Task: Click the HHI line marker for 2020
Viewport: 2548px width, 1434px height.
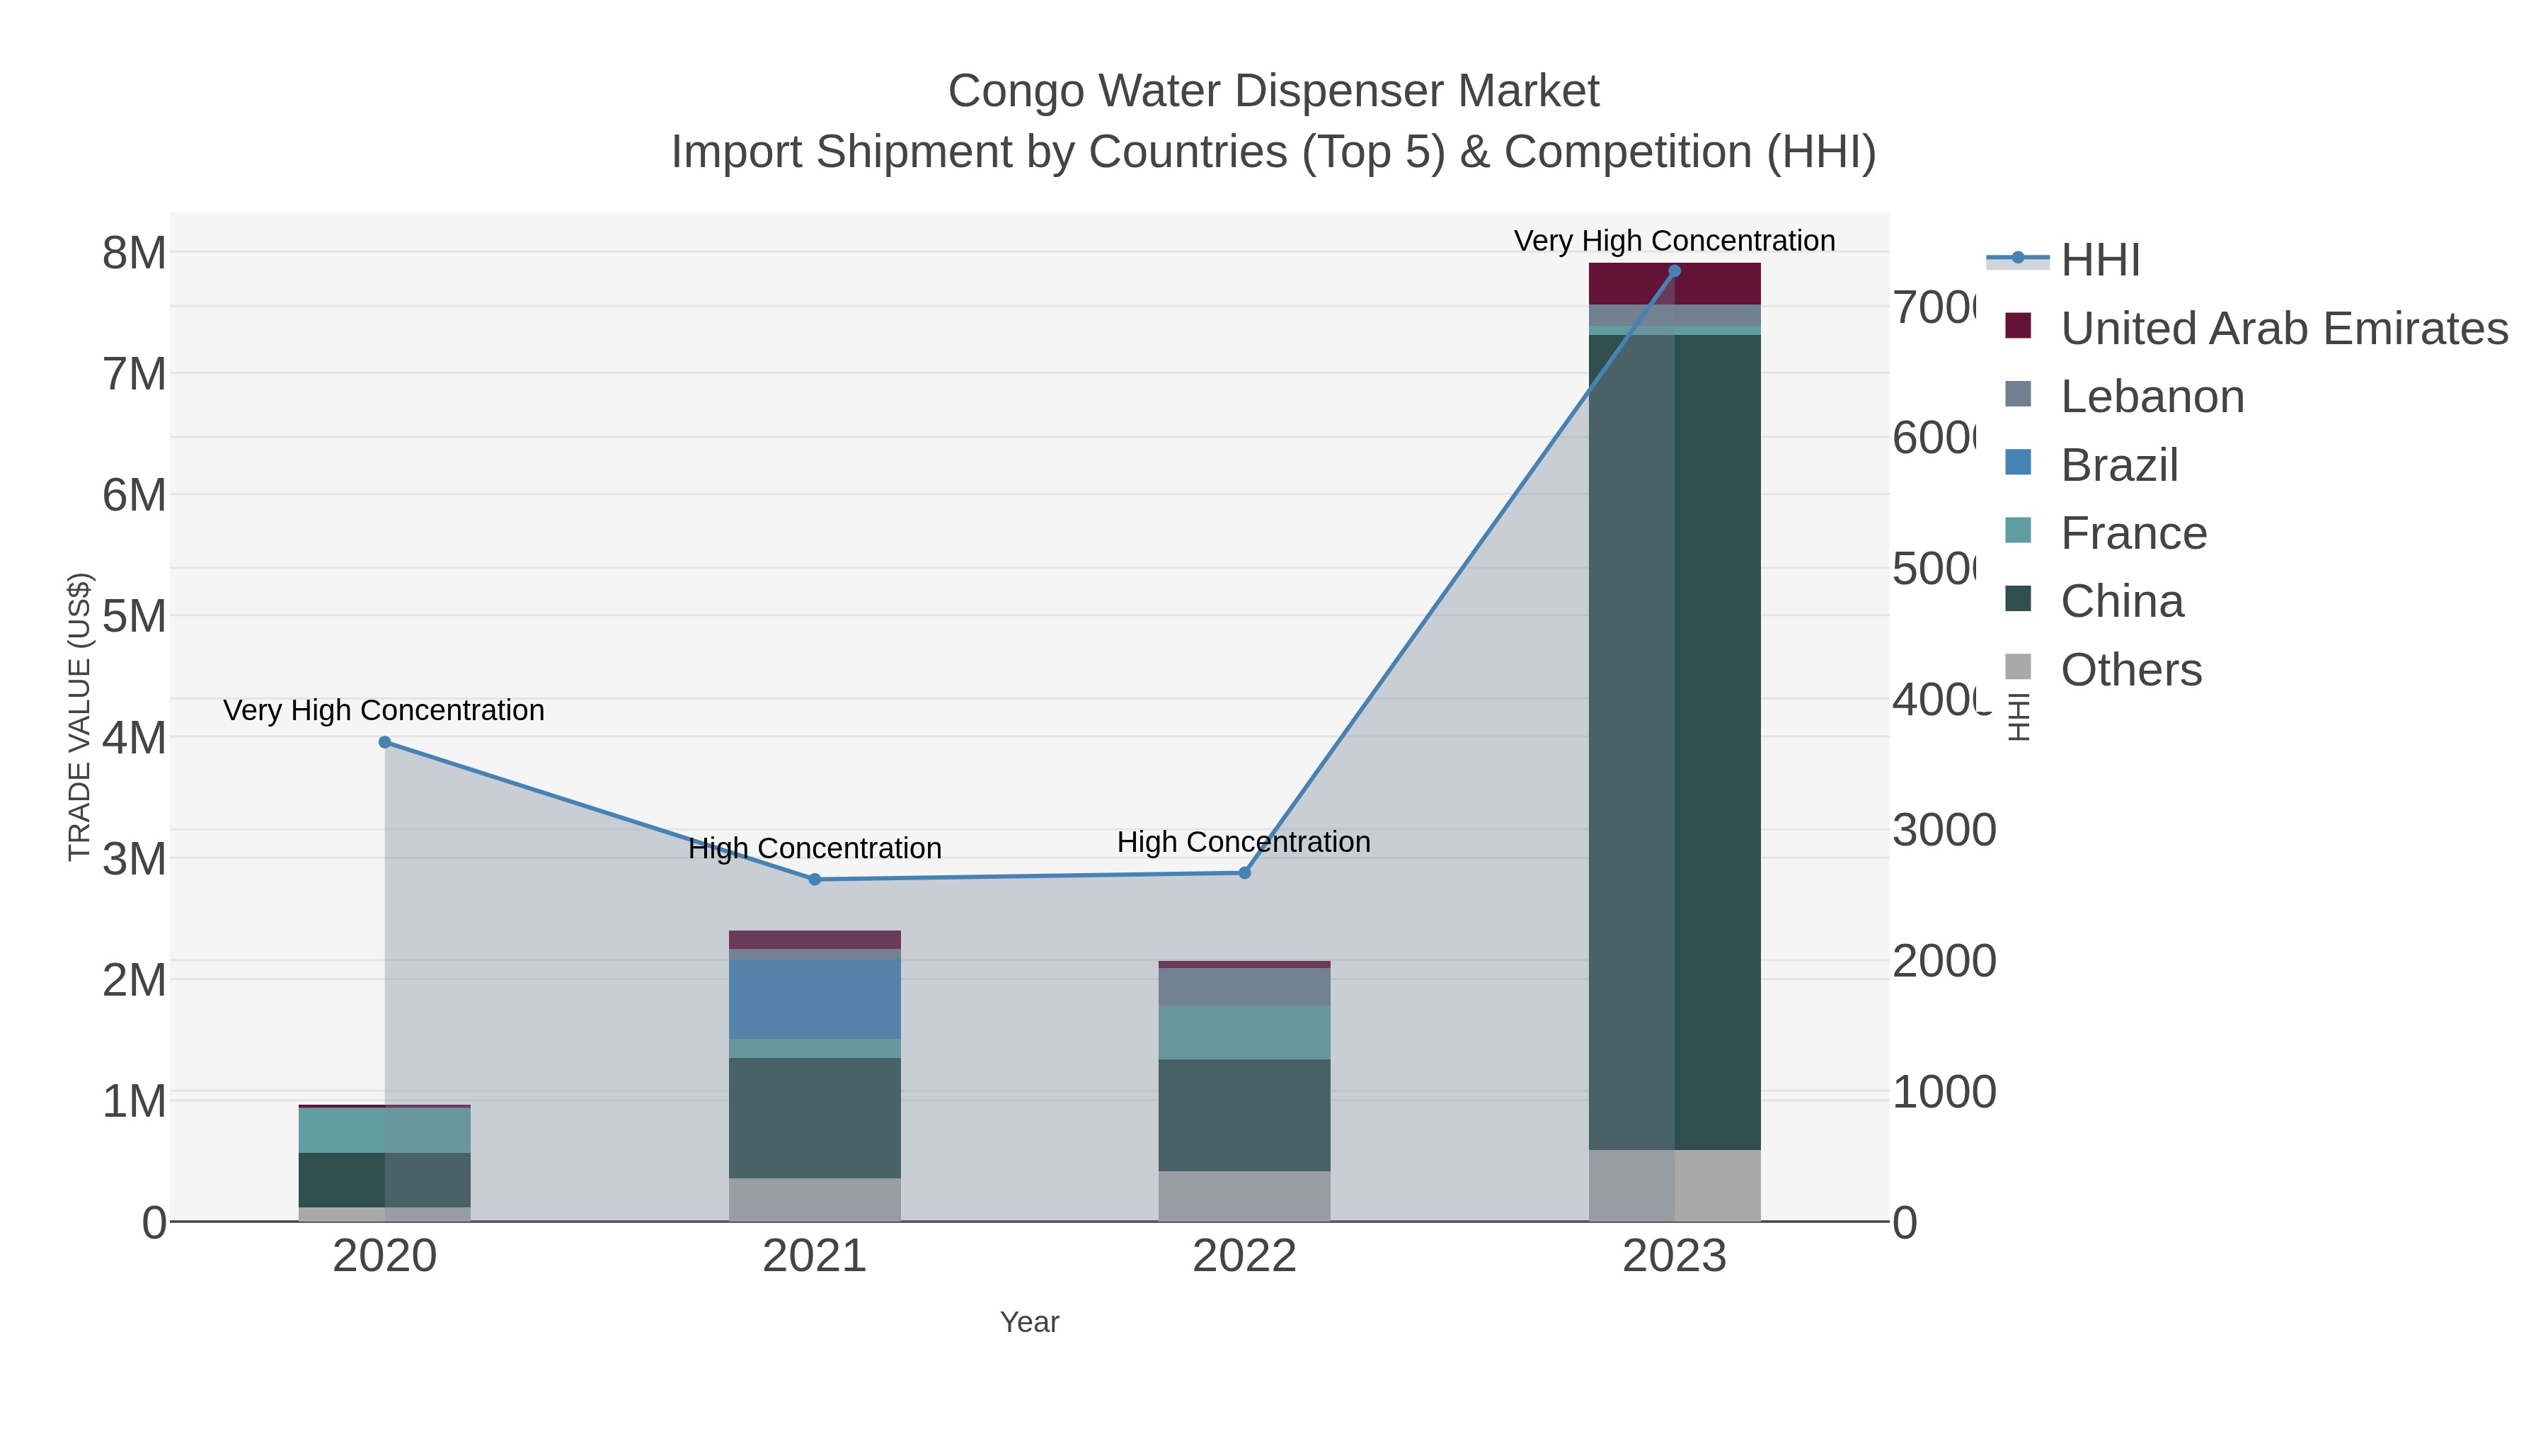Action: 385,742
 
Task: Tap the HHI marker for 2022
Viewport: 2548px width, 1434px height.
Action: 1244,873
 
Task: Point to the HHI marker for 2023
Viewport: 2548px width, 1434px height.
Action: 1674,271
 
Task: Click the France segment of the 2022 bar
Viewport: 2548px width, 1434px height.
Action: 1244,1032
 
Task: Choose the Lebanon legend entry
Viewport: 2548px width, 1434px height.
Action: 2152,397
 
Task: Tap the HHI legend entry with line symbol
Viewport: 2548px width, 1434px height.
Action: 2099,261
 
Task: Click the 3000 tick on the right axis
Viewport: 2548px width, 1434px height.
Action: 1944,831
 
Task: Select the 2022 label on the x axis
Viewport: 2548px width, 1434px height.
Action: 1244,1257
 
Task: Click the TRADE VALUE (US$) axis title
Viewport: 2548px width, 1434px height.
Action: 79,717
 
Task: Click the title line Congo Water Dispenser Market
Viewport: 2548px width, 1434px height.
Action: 1273,91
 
